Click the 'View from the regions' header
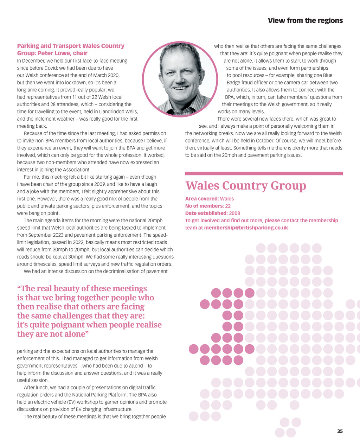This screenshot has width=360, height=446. point(305,20)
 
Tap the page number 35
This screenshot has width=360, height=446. point(340,431)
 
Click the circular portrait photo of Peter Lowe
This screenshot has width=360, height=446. point(180,79)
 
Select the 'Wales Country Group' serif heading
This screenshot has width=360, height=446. point(245,185)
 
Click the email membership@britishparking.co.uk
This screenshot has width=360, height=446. point(246,228)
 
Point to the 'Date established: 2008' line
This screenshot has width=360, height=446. point(208,213)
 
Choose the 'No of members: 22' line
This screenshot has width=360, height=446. point(208,206)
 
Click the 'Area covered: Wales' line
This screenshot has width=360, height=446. point(209,198)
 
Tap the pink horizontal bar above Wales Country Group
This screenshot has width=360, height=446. point(264,173)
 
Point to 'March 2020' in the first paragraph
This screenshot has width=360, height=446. point(106,75)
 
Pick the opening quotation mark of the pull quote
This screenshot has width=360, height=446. point(19,288)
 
